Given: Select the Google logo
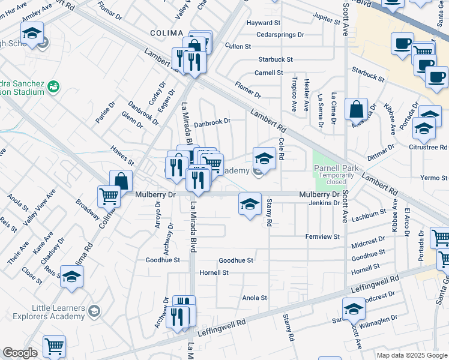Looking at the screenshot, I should tap(20, 353).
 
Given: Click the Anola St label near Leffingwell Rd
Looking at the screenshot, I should tap(254, 298).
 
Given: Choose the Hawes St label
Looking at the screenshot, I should tap(122, 155).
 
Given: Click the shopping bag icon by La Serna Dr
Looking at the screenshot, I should tap(357, 109).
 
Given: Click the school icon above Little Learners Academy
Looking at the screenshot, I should tap(71, 277).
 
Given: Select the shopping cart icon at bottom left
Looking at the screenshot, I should tap(54, 346).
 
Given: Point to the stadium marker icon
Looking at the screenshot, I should tap(53, 86).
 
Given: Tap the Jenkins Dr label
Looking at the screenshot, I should tap(324, 203).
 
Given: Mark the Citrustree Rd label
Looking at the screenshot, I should tap(428, 146).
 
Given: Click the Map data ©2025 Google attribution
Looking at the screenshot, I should tap(411, 355).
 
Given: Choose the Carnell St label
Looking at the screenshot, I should tap(268, 73).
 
